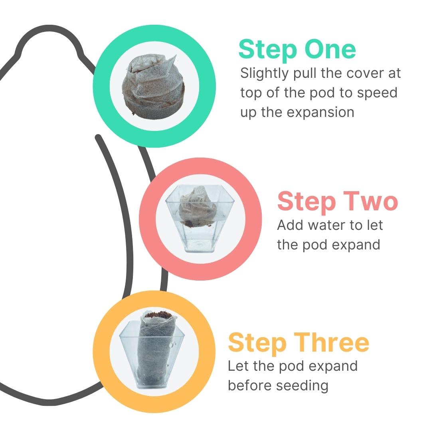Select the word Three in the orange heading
click(332, 342)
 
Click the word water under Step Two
click(326, 225)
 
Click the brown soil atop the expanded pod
click(158, 314)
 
